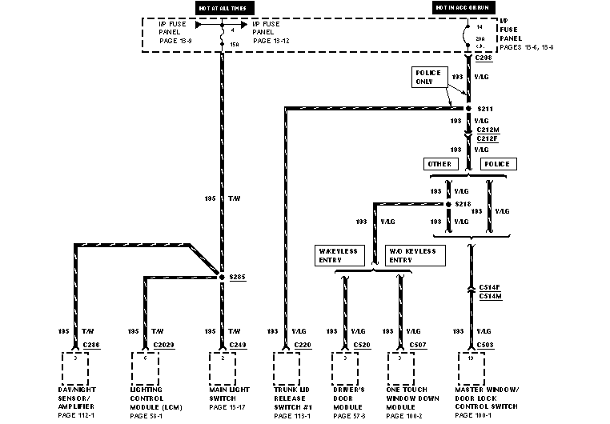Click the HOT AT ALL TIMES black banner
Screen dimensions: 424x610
221,8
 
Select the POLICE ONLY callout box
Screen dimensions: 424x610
427,77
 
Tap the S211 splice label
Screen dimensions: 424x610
485,107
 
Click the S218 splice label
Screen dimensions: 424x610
463,204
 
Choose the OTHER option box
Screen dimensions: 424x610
439,164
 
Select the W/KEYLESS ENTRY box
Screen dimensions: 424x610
339,255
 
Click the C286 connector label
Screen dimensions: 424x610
90,345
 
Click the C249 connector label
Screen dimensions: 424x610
237,345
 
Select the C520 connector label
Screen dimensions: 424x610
361,345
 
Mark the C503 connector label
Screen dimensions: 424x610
485,345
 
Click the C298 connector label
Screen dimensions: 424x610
484,58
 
